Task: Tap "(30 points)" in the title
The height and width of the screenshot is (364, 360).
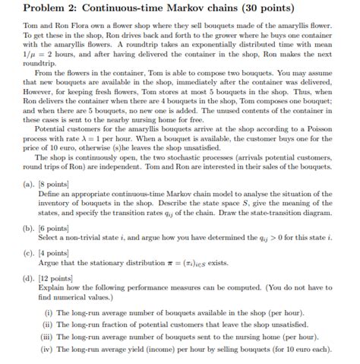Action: (x=285, y=8)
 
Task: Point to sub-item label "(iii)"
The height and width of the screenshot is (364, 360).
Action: (x=49, y=336)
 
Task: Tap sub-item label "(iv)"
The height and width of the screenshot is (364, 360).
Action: (x=49, y=348)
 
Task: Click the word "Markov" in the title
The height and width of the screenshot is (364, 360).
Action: (x=210, y=8)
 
